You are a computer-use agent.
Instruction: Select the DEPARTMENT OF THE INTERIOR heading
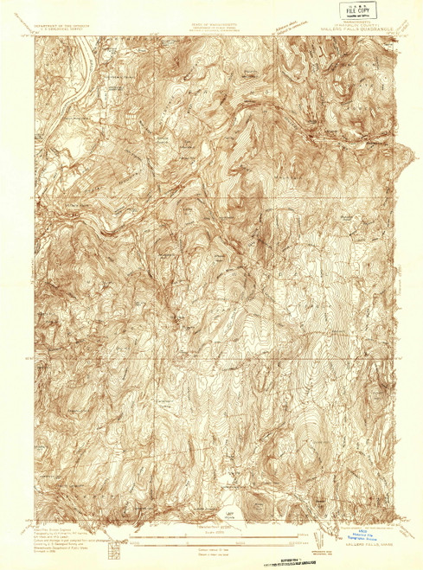pos(62,26)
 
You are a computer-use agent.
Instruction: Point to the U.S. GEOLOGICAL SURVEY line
pos(62,29)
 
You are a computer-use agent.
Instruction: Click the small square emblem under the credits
pos(112,547)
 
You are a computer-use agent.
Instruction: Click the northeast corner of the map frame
pos(397,36)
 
